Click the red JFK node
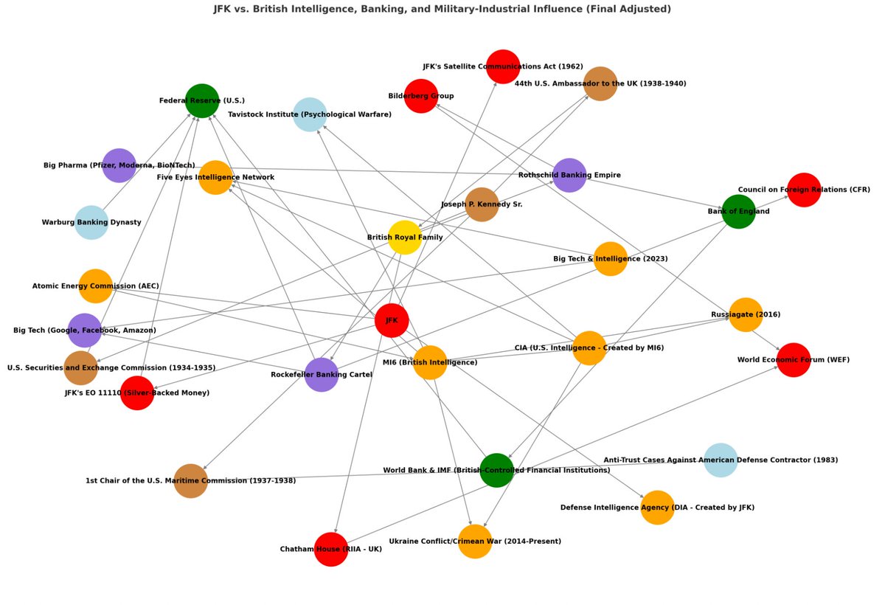point(392,320)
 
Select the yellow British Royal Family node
point(405,238)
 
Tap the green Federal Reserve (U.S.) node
point(202,100)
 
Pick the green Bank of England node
point(738,212)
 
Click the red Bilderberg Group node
point(421,96)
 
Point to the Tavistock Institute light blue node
point(310,114)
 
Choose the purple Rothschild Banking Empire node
point(569,176)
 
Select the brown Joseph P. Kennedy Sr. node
point(482,204)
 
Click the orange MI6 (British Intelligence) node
point(430,362)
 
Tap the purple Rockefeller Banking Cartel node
point(321,375)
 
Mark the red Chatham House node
point(330,549)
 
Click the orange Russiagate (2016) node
point(746,314)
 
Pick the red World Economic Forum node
point(794,360)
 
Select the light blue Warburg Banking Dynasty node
point(91,222)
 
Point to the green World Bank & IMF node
point(496,470)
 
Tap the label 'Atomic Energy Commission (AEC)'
point(95,286)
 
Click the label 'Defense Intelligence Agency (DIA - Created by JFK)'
point(657,508)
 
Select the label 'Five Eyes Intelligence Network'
point(215,177)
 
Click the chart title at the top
point(442,9)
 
